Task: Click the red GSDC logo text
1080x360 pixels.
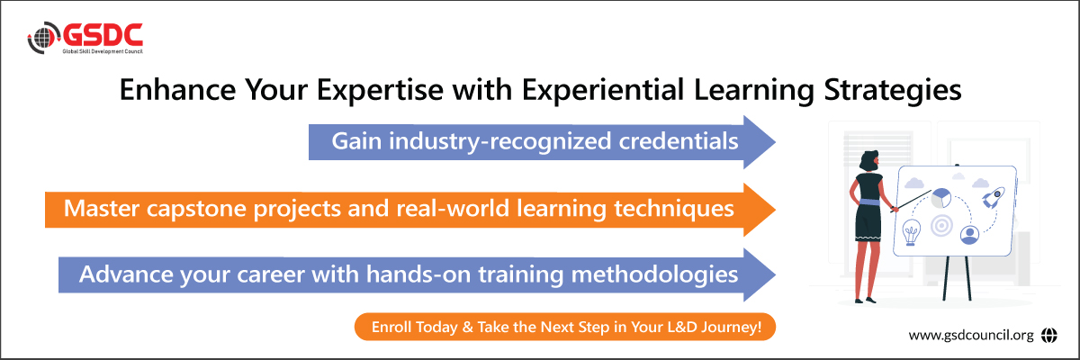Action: click(x=103, y=35)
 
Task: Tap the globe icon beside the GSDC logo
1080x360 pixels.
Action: click(x=44, y=37)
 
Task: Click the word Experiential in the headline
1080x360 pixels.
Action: click(x=603, y=90)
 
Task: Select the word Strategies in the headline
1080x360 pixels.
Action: click(x=893, y=90)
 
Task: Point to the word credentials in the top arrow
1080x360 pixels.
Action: click(x=679, y=141)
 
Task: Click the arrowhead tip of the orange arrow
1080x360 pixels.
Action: click(x=775, y=210)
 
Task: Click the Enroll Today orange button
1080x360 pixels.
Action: click(x=565, y=327)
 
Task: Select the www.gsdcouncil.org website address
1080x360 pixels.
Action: click(x=971, y=335)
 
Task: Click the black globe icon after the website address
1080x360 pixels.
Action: click(x=1048, y=335)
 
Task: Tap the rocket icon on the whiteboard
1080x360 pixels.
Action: click(x=994, y=198)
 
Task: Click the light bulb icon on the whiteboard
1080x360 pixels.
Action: click(x=911, y=232)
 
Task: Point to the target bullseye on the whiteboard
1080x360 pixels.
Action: click(x=941, y=226)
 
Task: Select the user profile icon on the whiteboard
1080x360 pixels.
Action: click(x=969, y=235)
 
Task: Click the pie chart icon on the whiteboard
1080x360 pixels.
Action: click(x=941, y=199)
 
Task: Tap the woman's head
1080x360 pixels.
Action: click(x=869, y=160)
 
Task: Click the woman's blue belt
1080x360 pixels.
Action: click(x=868, y=202)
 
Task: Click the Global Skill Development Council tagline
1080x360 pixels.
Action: click(x=103, y=51)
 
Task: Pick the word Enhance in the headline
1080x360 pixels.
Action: click(x=177, y=90)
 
